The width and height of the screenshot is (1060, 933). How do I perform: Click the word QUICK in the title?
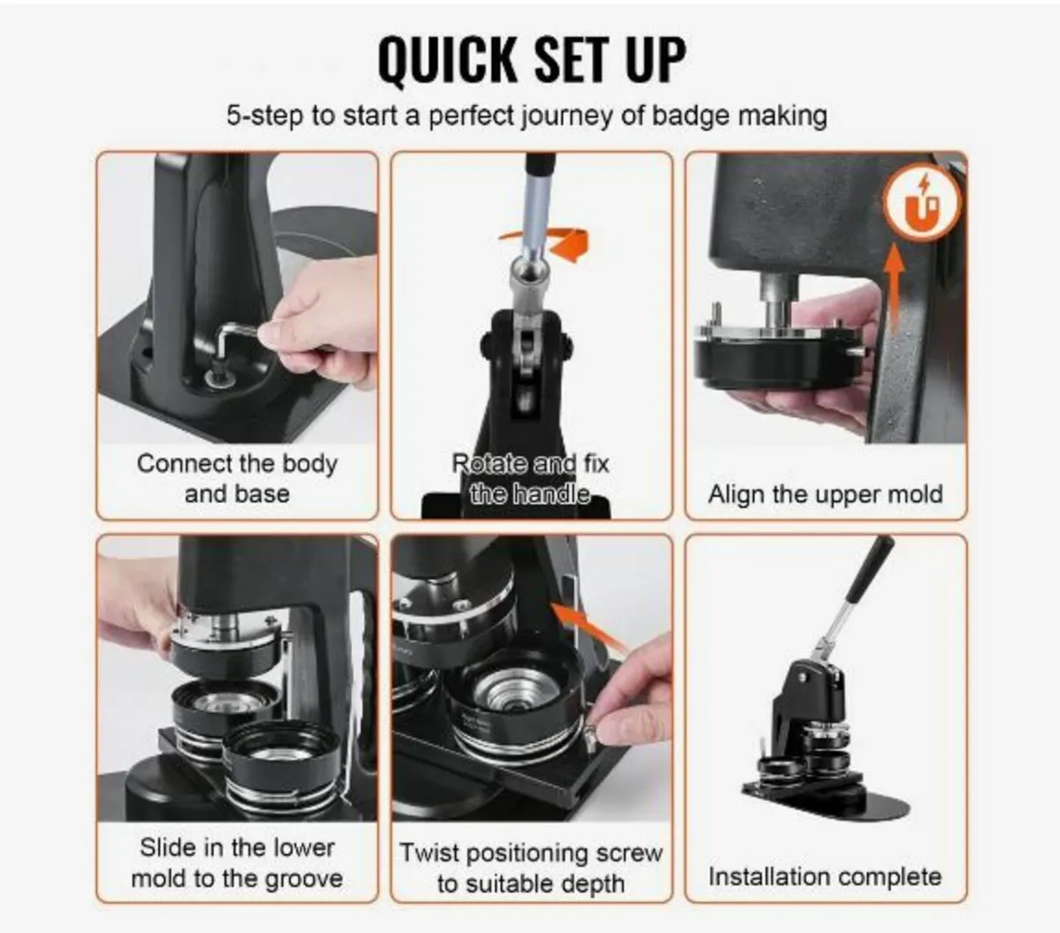(x=447, y=59)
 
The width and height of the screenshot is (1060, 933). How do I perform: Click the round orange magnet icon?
(x=922, y=205)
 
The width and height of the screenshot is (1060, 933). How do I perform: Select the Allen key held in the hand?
(x=237, y=340)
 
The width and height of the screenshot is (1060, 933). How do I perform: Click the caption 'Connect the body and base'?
(x=237, y=478)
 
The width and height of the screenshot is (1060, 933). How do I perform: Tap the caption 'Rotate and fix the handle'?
(x=530, y=478)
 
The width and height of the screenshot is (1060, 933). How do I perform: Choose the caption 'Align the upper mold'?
(x=825, y=493)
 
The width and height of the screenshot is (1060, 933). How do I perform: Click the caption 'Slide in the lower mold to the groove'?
(x=237, y=862)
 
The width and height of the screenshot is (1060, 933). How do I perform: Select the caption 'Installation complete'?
(x=825, y=876)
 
